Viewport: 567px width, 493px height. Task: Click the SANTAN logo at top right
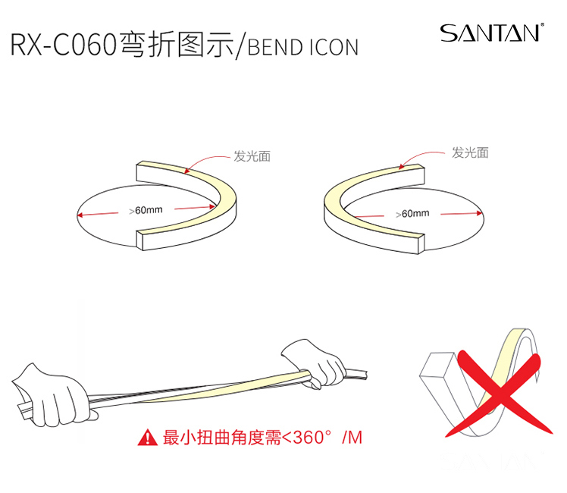(492, 33)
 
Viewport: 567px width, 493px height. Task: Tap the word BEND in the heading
(275, 47)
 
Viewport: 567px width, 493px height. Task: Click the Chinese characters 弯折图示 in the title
(177, 45)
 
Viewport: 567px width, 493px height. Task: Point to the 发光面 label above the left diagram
(252, 156)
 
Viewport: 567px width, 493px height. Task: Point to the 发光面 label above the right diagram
(470, 153)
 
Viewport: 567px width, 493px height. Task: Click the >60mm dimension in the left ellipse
(146, 210)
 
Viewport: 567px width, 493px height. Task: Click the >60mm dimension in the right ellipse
(412, 214)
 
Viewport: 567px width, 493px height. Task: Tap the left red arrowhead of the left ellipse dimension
(79, 215)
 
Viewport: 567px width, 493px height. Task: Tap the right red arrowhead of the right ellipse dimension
(481, 213)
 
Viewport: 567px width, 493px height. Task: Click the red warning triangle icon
(148, 437)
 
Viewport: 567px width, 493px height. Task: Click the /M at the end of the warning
(352, 438)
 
